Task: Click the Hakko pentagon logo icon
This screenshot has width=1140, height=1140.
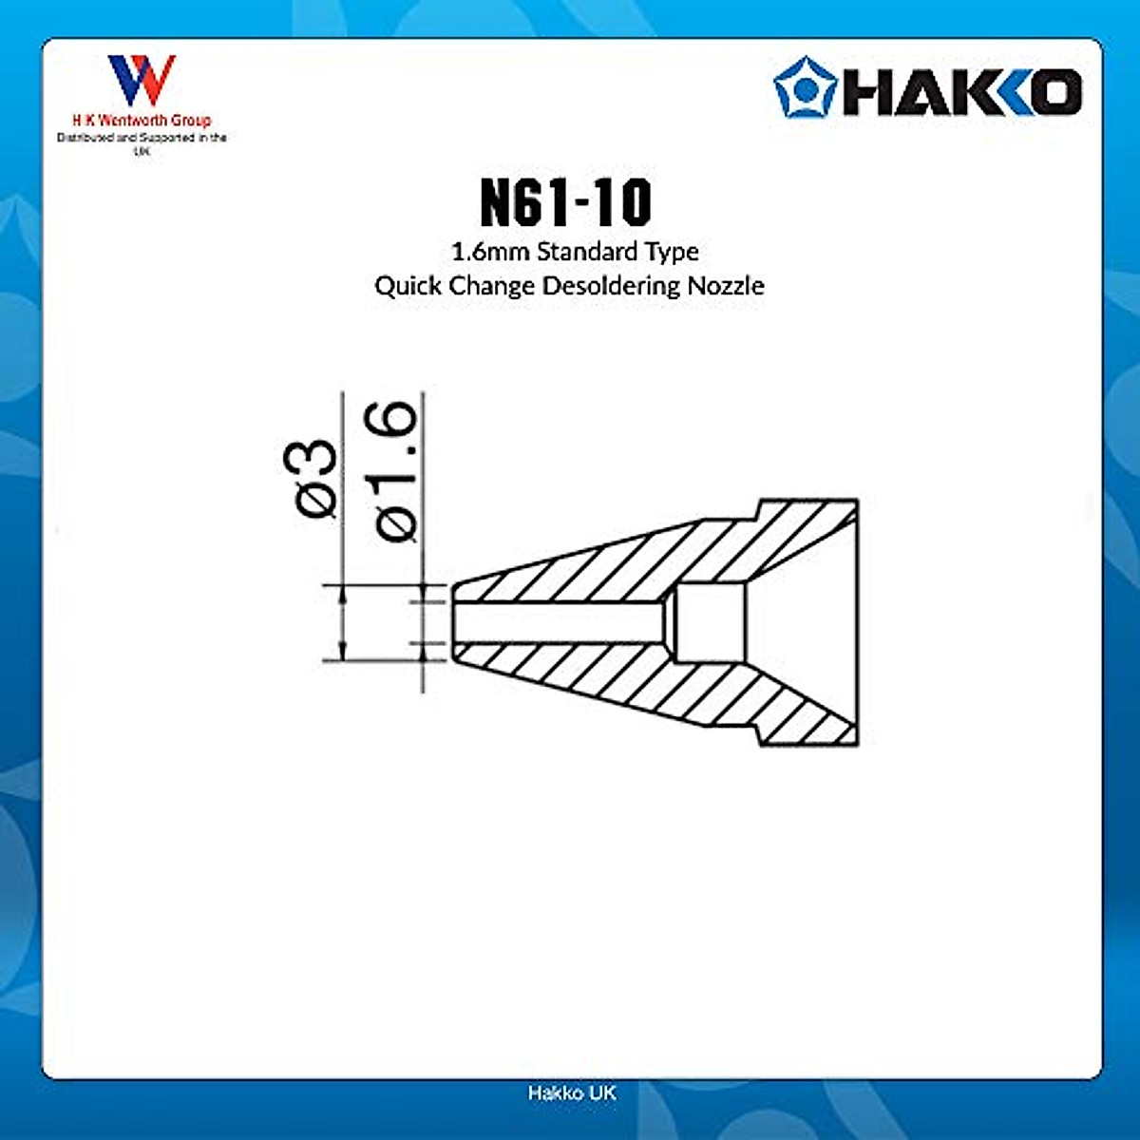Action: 804,87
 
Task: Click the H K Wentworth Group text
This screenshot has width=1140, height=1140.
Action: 142,121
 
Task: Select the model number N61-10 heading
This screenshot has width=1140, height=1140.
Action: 566,200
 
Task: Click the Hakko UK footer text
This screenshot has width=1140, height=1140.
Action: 571,1092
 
